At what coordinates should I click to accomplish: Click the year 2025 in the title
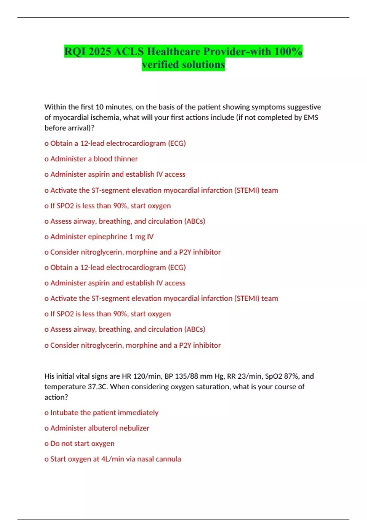click(x=100, y=51)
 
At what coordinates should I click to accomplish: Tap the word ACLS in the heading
click(x=128, y=51)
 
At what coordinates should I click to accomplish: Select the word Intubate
click(x=64, y=413)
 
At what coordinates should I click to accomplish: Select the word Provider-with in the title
click(x=237, y=51)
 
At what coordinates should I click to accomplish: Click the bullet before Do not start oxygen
click(x=46, y=444)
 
